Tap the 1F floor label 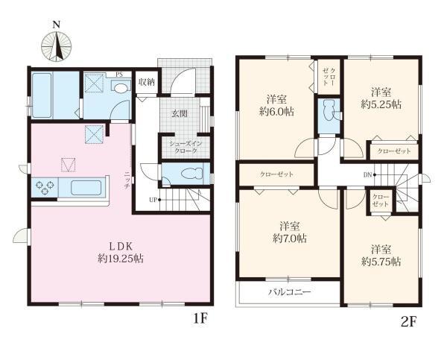[x=200, y=319]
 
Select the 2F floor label [x=408, y=322]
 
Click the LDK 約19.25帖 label [x=121, y=253]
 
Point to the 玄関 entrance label [x=180, y=114]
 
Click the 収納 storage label [x=147, y=82]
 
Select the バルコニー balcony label [x=290, y=292]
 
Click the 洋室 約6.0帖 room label [x=276, y=105]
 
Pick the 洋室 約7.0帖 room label [x=289, y=232]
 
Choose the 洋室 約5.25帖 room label [x=381, y=98]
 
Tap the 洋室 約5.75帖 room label [x=381, y=256]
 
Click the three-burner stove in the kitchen [x=45, y=187]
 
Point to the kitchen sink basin [x=86, y=188]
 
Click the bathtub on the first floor [x=42, y=95]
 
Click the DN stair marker [x=370, y=175]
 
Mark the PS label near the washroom [x=119, y=75]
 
